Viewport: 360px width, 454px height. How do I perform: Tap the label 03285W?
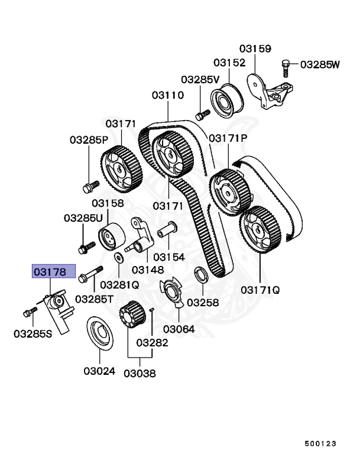320,64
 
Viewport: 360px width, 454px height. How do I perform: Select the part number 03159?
255,48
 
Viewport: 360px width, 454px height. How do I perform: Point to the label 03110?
167,95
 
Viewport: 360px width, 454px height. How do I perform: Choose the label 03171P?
228,138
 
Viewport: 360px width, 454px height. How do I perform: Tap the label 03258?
203,302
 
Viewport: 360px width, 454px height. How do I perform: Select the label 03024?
99,372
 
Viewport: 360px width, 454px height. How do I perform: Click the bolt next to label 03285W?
287,67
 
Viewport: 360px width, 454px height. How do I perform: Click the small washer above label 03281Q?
120,257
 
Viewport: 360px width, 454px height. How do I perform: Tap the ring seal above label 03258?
200,275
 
